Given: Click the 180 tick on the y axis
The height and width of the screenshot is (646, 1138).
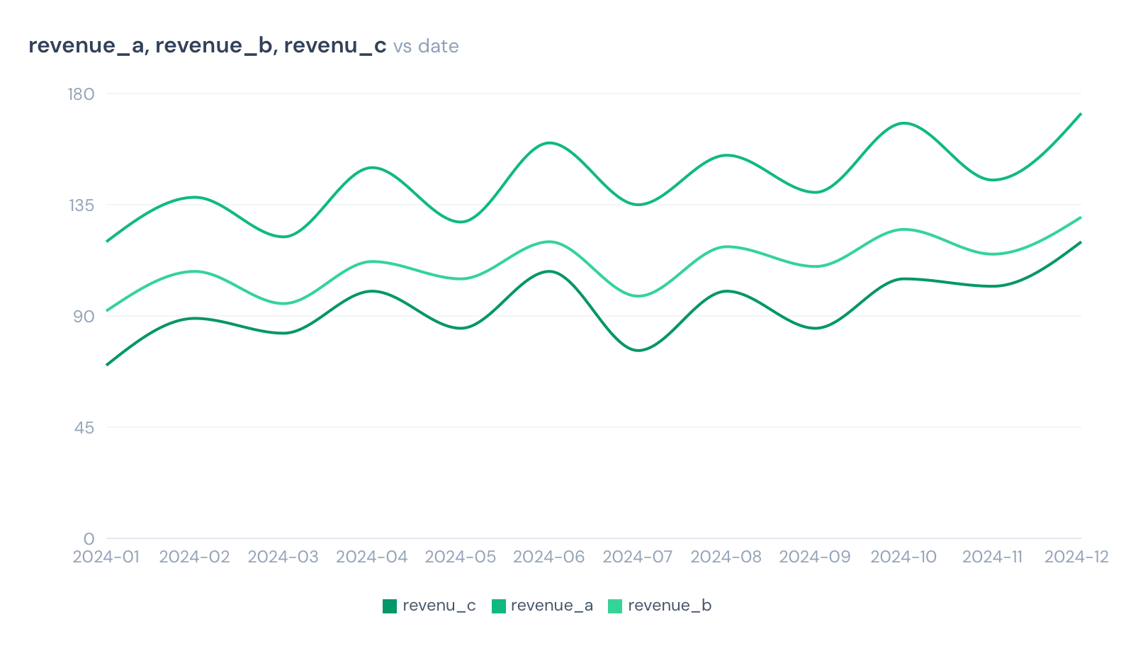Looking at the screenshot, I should coord(81,94).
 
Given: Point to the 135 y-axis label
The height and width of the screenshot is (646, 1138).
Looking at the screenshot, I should coord(81,205).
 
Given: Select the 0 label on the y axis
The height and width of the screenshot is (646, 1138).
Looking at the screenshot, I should coord(89,539).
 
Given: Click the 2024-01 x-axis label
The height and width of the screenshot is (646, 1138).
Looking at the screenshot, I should coord(106,557).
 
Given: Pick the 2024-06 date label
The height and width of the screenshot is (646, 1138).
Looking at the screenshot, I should coord(549,557).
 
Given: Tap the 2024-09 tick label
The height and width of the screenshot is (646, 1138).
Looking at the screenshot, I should coord(815,557).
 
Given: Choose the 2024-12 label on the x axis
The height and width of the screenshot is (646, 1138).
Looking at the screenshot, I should coord(1076,557).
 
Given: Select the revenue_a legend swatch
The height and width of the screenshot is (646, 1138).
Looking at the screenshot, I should coord(499,606).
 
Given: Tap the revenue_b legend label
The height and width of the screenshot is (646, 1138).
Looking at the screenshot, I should coord(669,606).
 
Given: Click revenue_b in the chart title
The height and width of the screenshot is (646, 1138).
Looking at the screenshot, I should coord(214,46).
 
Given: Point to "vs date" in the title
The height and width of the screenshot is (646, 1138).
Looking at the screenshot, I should coord(426,46).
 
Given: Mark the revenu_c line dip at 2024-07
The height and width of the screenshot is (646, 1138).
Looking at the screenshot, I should coord(638,350).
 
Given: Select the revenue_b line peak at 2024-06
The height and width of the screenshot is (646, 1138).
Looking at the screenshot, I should coord(549,242).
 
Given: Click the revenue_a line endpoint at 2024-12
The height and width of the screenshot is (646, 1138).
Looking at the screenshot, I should coord(1081,113).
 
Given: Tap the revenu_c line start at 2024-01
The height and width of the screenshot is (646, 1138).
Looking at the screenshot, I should coord(106,365).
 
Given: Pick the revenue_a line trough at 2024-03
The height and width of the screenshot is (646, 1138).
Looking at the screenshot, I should coord(283,237).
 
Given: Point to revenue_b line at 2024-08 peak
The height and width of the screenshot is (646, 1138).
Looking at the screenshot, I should coord(726,246).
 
